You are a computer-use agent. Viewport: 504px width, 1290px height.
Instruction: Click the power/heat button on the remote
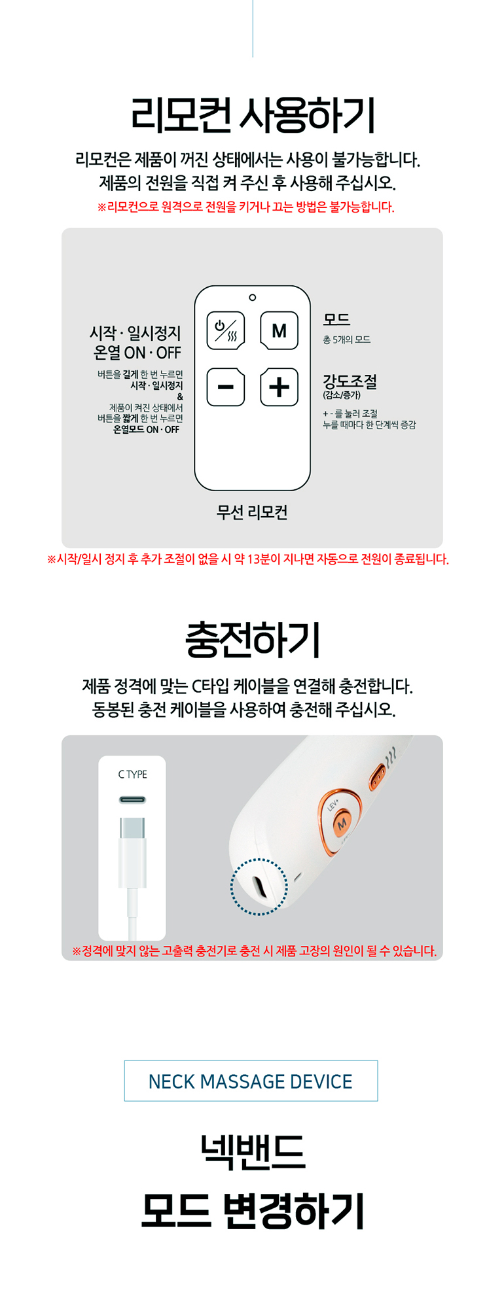click(226, 330)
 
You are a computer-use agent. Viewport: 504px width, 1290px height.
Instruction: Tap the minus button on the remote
click(226, 387)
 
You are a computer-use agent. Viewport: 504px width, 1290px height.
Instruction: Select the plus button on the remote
click(279, 387)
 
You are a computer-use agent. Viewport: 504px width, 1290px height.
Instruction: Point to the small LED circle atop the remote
click(253, 298)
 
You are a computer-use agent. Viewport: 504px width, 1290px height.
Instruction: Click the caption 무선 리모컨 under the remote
click(252, 512)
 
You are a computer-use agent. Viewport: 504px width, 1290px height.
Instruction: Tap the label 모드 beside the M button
click(336, 319)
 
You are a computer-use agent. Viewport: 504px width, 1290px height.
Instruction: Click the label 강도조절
click(350, 381)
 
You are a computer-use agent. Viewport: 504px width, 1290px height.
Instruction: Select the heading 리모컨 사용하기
click(253, 115)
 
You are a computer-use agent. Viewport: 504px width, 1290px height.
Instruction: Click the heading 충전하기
click(253, 639)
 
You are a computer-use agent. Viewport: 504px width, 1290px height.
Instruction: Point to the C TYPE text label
click(132, 775)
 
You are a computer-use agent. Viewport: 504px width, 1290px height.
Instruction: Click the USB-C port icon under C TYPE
click(132, 800)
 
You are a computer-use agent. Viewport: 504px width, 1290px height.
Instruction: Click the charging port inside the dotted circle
click(259, 888)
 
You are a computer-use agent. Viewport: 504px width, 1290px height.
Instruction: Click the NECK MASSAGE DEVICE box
click(251, 1081)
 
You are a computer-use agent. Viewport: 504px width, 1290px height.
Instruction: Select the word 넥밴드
click(253, 1151)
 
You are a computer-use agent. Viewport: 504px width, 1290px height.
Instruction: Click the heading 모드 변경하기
click(253, 1211)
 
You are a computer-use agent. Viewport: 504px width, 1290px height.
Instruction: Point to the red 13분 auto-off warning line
click(248, 559)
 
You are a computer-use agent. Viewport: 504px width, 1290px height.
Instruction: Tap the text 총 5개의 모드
click(347, 340)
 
